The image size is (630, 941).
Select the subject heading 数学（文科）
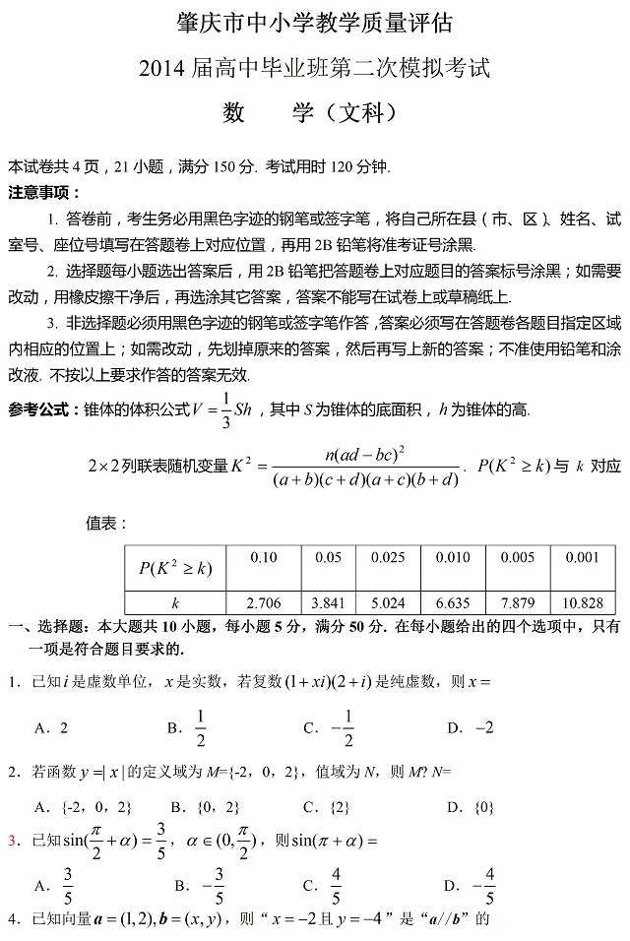tap(314, 113)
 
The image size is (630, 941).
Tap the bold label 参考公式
tap(44, 408)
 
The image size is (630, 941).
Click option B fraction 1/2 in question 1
tap(200, 727)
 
